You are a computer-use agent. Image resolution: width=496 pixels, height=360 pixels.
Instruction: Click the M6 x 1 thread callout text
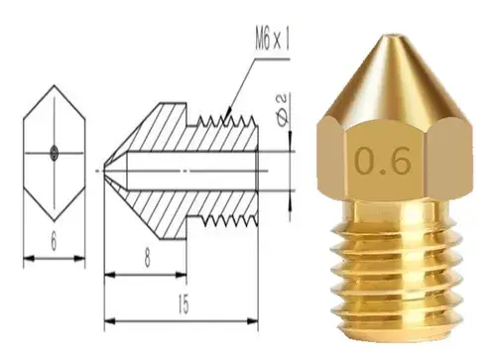272,41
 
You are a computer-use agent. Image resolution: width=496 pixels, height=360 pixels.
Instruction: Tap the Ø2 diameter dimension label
282,110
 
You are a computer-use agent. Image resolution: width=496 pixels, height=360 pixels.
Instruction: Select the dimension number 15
184,304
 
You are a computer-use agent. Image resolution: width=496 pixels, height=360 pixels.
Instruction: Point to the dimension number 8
147,258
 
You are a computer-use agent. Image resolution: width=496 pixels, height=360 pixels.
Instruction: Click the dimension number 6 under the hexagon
54,242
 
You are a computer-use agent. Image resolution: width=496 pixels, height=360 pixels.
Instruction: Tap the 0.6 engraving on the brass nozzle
383,162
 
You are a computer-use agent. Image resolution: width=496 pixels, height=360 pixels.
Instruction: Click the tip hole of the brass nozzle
393,36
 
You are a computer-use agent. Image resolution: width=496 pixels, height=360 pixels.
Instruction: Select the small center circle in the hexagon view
55,153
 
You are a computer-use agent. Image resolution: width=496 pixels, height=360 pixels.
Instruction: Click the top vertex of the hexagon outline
55,85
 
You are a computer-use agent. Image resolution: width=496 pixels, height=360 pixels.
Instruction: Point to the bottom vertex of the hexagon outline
55,221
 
